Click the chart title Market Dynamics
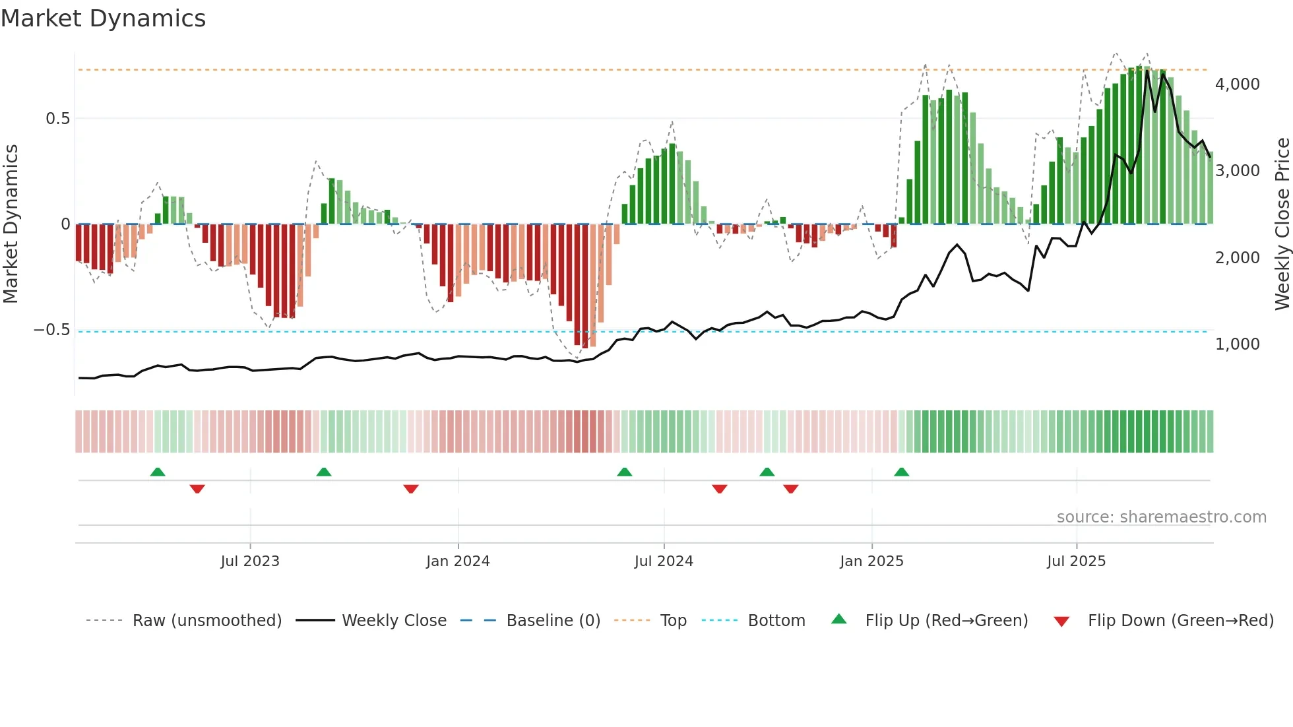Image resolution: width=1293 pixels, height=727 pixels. coord(103,18)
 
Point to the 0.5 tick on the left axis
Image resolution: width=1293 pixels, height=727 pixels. coord(57,119)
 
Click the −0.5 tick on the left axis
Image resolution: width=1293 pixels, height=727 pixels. coord(52,330)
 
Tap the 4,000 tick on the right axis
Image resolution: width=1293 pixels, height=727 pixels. coord(1237,84)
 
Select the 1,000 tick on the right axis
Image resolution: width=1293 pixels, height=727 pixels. coord(1237,344)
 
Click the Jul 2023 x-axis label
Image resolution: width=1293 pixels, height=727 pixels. coord(250,561)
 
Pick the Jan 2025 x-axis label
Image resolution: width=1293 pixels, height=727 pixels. coord(871,561)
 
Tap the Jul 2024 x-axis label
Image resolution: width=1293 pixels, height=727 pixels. coord(664,561)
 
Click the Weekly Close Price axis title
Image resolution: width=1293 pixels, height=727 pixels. coord(1282,224)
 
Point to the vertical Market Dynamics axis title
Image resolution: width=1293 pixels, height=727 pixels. coord(11,224)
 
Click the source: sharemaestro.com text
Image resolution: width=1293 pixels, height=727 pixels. coord(1161,517)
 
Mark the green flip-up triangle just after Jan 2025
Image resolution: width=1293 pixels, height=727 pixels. coord(901,472)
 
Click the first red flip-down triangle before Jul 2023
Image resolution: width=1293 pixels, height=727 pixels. coord(197,488)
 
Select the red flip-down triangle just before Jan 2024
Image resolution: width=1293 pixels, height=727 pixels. coord(411,488)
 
